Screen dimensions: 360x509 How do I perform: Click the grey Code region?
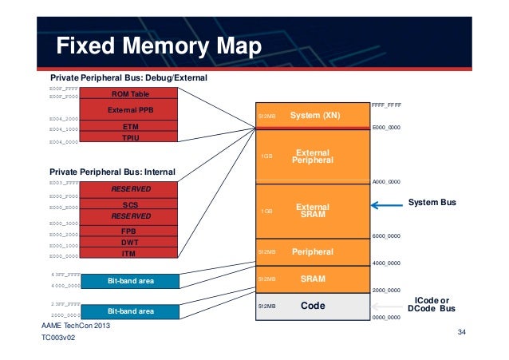312,306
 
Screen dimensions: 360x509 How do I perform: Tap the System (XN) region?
312,116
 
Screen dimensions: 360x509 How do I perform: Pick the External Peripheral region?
312,156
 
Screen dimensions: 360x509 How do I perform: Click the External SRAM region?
312,211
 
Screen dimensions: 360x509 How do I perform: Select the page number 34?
461,331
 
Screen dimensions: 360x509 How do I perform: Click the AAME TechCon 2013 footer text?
76,328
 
